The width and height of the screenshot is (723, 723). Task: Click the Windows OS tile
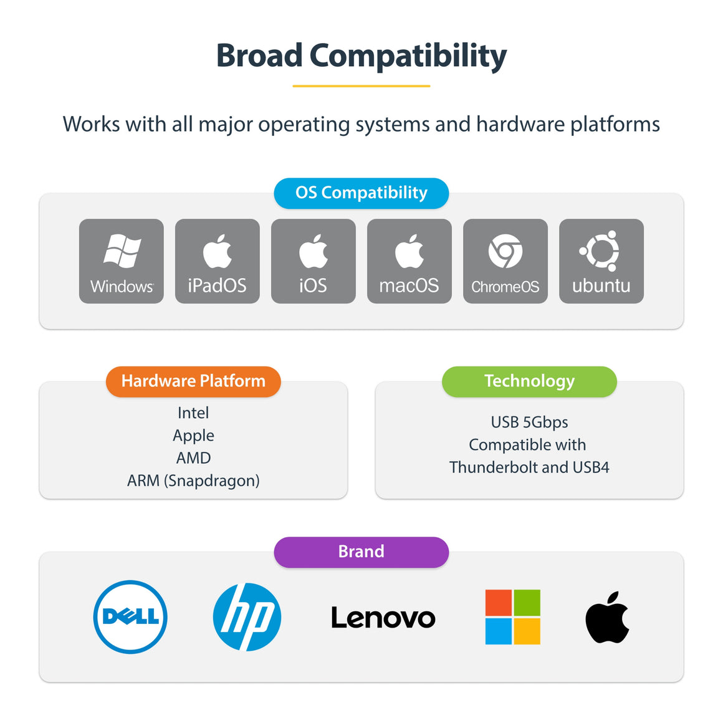pos(122,261)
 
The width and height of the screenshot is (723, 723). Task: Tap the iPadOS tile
pos(217,261)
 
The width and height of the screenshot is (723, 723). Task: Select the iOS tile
pos(314,261)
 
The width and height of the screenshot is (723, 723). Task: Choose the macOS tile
pos(409,261)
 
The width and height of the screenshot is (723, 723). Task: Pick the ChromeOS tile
pos(505,261)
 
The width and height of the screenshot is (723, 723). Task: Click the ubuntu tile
pos(601,261)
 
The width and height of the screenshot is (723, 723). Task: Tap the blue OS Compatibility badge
pos(362,193)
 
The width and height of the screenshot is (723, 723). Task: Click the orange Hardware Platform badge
pos(193,381)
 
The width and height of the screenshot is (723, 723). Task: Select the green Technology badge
pos(529,381)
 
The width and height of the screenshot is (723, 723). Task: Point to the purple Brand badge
pos(362,552)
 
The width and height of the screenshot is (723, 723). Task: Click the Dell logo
pos(130,617)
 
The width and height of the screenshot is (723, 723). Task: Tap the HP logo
pos(247,617)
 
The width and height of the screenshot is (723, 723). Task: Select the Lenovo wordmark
pos(383,618)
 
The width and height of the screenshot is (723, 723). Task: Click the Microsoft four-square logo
pos(513,617)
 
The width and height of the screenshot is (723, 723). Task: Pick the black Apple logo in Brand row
pos(607,617)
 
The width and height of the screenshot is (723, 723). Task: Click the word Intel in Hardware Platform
pos(193,413)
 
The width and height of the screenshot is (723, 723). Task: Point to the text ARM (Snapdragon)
pos(193,481)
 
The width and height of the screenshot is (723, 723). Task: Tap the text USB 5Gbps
pos(529,422)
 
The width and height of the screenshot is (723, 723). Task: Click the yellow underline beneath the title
pos(362,86)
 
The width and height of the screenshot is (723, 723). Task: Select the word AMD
pos(193,458)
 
